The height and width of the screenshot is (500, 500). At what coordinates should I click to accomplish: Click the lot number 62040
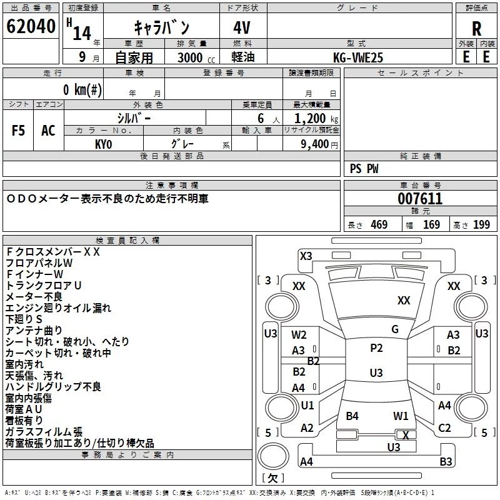(x=30, y=27)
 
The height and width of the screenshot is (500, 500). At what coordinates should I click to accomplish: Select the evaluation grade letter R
(x=476, y=29)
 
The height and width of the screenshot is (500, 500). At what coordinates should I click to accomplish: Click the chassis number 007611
(x=420, y=199)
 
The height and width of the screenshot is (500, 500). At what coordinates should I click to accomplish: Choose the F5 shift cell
(x=18, y=131)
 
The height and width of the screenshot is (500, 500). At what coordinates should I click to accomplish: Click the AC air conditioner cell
(x=48, y=131)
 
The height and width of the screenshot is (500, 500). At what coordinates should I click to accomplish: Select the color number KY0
(x=103, y=144)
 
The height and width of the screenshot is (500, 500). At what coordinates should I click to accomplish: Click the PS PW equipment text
(x=364, y=169)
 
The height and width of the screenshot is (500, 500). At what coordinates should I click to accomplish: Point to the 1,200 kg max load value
(x=311, y=119)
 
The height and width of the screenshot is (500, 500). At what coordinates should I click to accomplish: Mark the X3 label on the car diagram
(x=306, y=256)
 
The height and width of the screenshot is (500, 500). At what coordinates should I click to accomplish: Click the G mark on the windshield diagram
(x=395, y=329)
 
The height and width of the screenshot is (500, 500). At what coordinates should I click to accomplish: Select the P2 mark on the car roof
(x=376, y=348)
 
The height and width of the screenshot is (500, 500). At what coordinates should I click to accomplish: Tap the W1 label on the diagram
(x=401, y=416)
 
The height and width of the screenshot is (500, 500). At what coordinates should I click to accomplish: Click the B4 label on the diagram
(x=352, y=416)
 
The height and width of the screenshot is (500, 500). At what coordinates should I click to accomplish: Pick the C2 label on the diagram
(x=444, y=428)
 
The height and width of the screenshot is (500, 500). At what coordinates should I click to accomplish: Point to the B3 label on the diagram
(x=446, y=462)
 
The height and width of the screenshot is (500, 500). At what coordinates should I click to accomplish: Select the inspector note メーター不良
(x=34, y=296)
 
